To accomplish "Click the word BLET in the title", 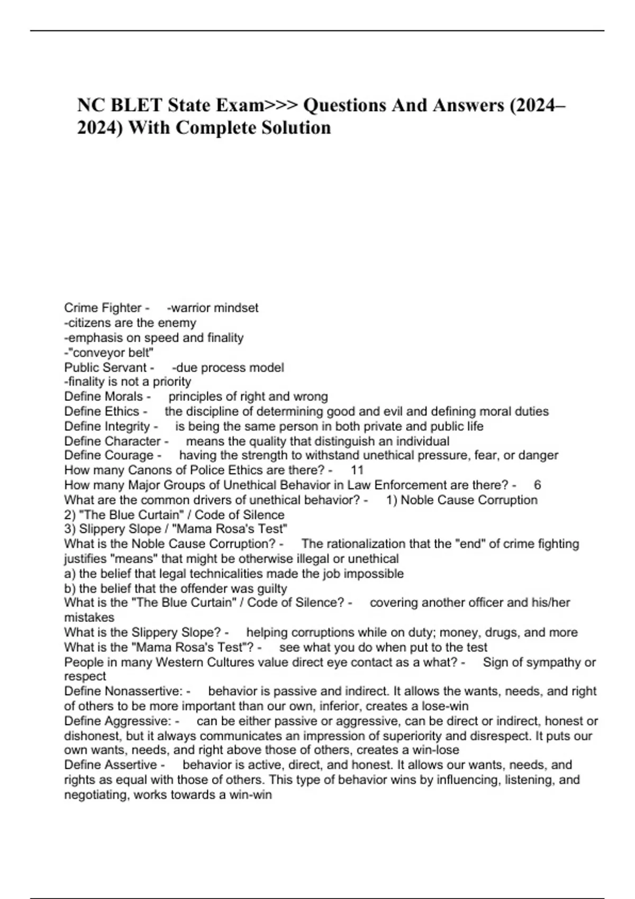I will pos(135,105).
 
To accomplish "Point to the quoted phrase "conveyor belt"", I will pos(111,352).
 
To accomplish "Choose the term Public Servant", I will pos(105,367).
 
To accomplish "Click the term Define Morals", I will pos(104,397).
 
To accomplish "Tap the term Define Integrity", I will pos(107,426).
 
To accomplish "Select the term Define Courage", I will pos(108,455).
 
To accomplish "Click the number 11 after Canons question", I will pos(357,470).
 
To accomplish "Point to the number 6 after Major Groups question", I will pos(538,485).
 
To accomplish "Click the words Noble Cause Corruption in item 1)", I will pos(469,500).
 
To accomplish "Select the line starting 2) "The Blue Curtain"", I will pos(174,515).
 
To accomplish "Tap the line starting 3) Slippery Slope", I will pos(176,529).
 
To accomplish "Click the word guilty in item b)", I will pos(271,589).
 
